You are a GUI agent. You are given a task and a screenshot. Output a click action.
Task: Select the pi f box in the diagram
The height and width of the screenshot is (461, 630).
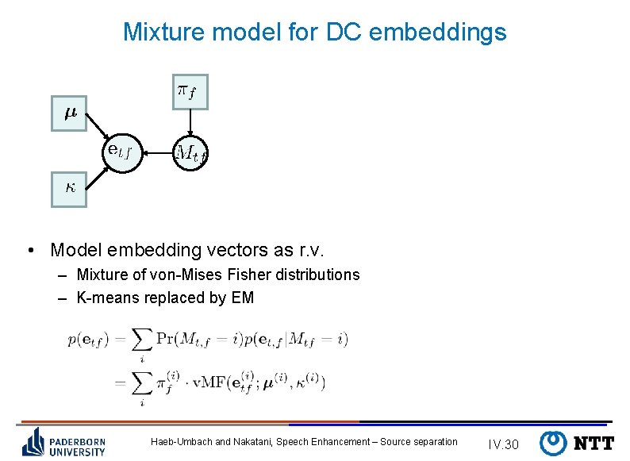(190, 91)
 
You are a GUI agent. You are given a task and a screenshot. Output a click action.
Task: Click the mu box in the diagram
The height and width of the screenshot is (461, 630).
(69, 114)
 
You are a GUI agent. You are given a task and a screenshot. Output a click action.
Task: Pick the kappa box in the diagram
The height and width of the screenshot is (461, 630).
(69, 189)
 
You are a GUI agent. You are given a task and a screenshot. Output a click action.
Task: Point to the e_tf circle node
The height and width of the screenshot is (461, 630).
(124, 150)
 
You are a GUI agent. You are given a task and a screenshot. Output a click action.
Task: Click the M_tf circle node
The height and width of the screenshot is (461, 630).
(191, 151)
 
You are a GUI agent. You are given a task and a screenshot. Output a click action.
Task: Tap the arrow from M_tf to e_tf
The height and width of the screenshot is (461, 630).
(158, 151)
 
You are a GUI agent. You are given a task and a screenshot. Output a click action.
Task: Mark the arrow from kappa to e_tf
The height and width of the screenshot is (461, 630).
(98, 174)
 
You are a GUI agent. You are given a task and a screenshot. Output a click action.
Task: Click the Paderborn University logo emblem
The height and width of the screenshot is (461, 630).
(33, 442)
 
